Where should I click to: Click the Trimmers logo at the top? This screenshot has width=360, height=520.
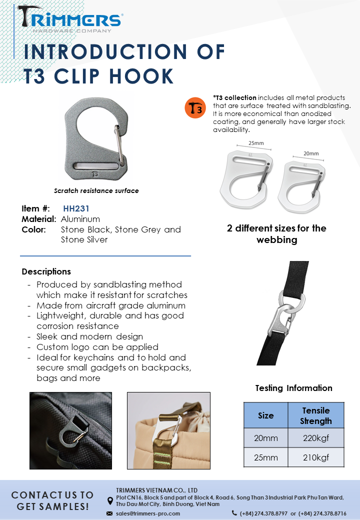pyautogui.click(x=70, y=20)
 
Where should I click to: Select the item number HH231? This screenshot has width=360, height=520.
pyautogui.click(x=76, y=208)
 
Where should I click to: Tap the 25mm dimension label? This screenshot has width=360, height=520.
pyautogui.click(x=255, y=143)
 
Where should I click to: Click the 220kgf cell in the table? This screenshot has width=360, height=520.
pyautogui.click(x=316, y=438)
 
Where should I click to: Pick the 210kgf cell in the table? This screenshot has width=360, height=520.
pyautogui.click(x=316, y=457)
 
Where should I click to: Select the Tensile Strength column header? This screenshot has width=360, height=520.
pyautogui.click(x=316, y=415)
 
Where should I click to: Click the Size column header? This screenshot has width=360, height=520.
pyautogui.click(x=265, y=415)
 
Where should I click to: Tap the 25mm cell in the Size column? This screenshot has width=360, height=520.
pyautogui.click(x=265, y=457)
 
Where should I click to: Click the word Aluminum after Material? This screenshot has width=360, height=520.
pyautogui.click(x=80, y=219)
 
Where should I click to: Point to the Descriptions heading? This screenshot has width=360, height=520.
pyautogui.click(x=46, y=271)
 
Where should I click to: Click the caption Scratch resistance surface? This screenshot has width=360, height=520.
pyautogui.click(x=96, y=190)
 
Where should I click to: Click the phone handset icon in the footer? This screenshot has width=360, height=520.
pyautogui.click(x=234, y=513)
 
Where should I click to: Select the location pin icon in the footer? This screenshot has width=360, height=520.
pyautogui.click(x=110, y=500)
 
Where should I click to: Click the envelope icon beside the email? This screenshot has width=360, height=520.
pyautogui.click(x=109, y=513)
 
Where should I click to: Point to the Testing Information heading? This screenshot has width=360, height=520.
pyautogui.click(x=293, y=388)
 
